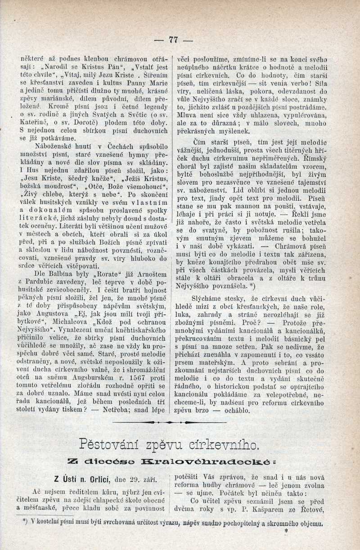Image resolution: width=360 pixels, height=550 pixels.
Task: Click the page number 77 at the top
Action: click(173, 40)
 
